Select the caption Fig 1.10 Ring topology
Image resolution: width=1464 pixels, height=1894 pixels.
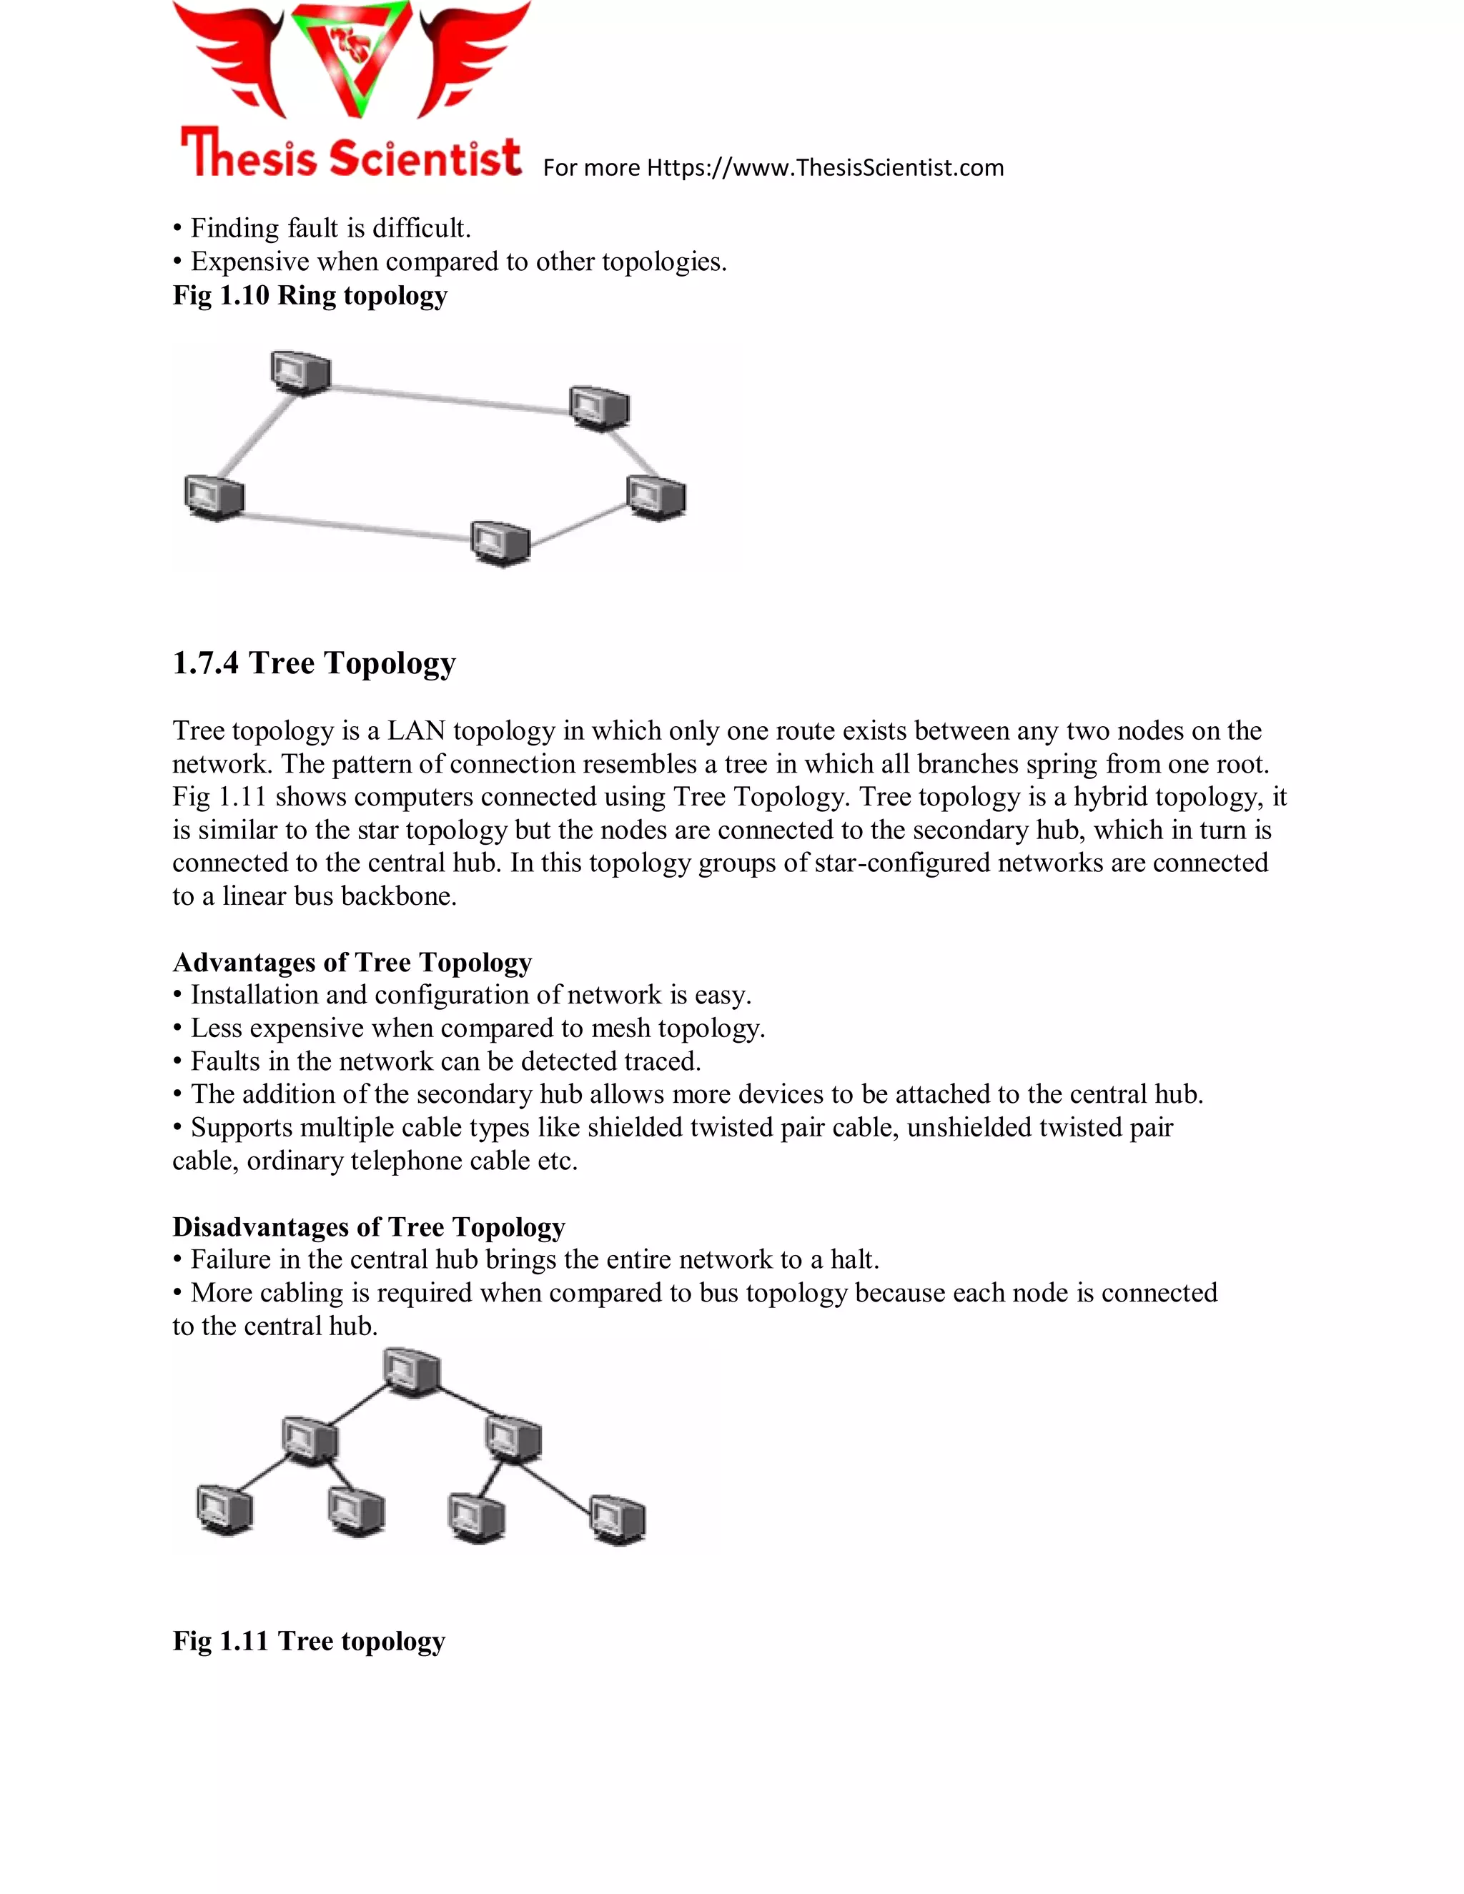310,296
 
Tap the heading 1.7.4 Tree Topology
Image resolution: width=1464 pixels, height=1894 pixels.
314,663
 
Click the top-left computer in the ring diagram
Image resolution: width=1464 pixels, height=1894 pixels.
300,373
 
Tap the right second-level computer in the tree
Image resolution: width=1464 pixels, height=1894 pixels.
513,1438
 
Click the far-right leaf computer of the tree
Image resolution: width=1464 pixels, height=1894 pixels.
618,1519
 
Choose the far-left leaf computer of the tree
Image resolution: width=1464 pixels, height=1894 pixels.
224,1509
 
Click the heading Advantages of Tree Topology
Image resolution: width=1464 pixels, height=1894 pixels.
352,963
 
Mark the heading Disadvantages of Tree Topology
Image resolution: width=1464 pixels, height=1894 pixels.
369,1227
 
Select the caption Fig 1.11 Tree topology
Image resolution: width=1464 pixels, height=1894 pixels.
309,1642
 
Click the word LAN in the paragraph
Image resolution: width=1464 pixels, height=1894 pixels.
415,731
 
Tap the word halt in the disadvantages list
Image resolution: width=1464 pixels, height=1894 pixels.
854,1260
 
